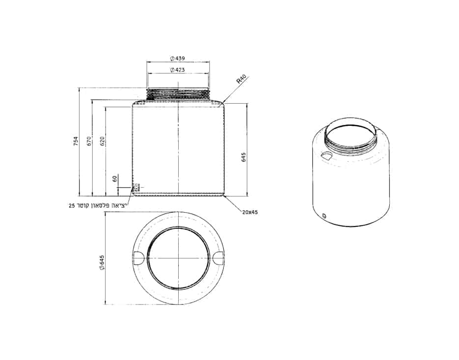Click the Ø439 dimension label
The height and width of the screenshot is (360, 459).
[178, 58]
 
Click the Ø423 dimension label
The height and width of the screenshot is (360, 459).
[178, 70]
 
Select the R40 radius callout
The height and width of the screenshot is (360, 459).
[241, 80]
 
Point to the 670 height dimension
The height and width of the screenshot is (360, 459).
[89, 141]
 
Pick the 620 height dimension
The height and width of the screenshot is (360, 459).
[102, 142]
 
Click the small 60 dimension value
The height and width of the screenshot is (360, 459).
[115, 179]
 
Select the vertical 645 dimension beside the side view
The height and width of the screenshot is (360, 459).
[243, 157]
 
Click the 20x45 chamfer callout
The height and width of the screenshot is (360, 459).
[250, 212]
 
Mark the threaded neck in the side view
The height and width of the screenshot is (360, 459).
[178, 94]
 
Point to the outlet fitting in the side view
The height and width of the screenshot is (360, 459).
[136, 187]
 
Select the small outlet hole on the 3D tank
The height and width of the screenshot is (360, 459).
[324, 215]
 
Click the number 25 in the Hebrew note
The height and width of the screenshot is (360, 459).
[72, 205]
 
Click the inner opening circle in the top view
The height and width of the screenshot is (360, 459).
[178, 258]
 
